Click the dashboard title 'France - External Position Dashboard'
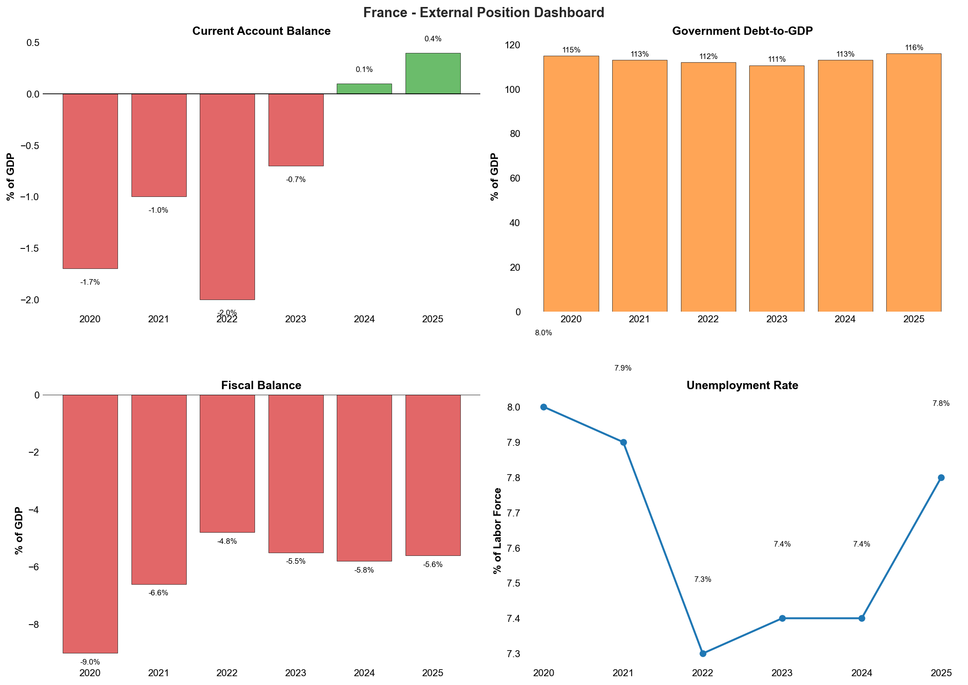click(x=484, y=13)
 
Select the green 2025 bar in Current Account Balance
click(x=432, y=73)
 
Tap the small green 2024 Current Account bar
click(x=364, y=89)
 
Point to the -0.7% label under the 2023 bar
click(x=296, y=180)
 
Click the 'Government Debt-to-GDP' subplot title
click(x=742, y=31)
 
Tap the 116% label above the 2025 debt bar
click(x=914, y=48)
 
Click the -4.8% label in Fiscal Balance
click(x=227, y=541)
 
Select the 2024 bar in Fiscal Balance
click(x=364, y=478)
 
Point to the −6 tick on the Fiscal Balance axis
click(x=33, y=568)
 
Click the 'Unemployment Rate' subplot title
click(x=742, y=385)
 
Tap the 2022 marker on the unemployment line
click(x=703, y=653)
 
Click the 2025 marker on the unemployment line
click(x=941, y=477)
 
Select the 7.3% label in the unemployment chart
click(x=703, y=580)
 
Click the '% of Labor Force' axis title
click(x=497, y=531)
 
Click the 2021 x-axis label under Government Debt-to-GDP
click(x=640, y=320)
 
